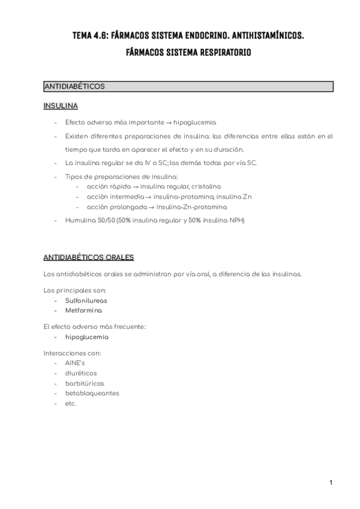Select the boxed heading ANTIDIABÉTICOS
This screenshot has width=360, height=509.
(74, 86)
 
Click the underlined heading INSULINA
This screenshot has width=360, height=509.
(61, 106)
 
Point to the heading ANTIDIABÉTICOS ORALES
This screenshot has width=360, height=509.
(89, 258)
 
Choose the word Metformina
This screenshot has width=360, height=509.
(83, 310)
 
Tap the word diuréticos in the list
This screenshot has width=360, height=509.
(81, 373)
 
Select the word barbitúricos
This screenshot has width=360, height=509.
(85, 383)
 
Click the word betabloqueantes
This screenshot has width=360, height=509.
(92, 393)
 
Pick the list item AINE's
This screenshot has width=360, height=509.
(76, 363)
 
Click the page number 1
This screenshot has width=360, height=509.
(330, 482)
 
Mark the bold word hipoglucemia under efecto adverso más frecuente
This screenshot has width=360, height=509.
(87, 337)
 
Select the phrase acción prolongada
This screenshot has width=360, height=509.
(112, 207)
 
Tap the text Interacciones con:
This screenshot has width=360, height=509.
(73, 353)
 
